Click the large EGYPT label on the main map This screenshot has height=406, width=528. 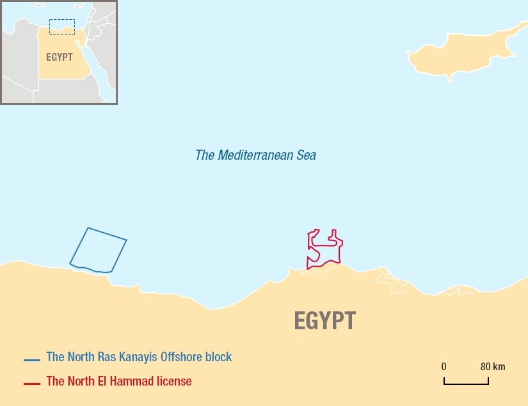click(x=324, y=321)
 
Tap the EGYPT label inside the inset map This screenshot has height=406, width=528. click(x=59, y=56)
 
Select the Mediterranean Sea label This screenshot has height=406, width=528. click(x=255, y=155)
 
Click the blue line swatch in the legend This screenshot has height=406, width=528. click(x=32, y=360)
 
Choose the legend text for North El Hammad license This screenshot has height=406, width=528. click(x=119, y=382)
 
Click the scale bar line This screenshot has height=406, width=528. click(x=466, y=384)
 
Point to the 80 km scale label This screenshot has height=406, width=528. click(x=493, y=367)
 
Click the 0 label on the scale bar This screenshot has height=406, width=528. click(x=444, y=367)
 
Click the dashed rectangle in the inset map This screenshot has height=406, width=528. click(x=62, y=27)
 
